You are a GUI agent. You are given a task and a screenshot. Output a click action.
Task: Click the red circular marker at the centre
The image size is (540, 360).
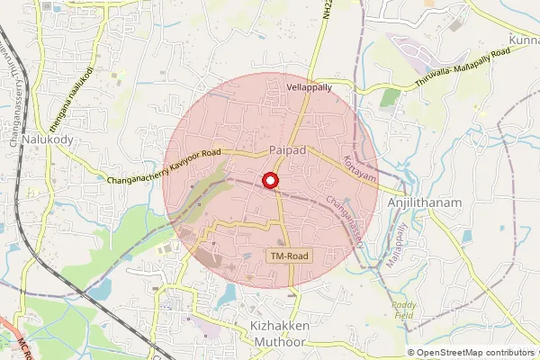pos(268,182)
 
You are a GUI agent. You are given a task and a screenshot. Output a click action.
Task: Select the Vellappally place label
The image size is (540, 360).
pos(309,88)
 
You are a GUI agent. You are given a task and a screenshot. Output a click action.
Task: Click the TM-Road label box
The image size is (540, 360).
pos(289,256)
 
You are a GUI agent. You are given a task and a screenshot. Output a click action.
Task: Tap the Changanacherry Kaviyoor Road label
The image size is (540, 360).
pos(165,167)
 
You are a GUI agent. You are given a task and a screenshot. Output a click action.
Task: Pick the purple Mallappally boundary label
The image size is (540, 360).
pos(391,242)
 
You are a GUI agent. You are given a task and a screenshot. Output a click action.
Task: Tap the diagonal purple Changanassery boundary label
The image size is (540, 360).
pos(346,220)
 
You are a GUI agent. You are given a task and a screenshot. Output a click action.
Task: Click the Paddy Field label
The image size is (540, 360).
pos(404,310)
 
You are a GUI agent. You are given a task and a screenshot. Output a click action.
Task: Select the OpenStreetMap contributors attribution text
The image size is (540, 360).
pos(474,353)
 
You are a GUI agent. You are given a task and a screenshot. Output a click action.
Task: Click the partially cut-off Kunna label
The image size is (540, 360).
pos(523,41)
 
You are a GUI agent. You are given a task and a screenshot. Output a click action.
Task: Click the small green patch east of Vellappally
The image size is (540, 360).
pos(390,97)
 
